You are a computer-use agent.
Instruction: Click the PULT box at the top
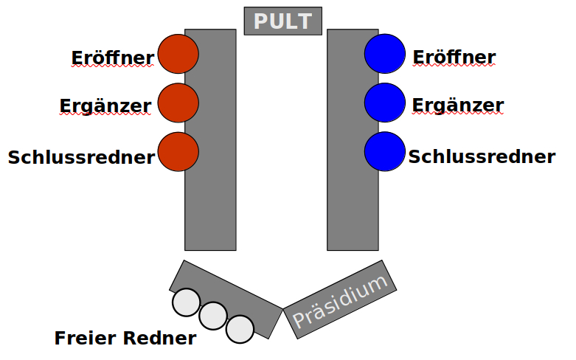tap(283, 21)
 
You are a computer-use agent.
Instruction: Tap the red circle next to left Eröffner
tap(178, 53)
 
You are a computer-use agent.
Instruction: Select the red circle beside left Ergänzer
tap(178, 103)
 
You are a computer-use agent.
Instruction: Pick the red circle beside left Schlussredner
tap(178, 152)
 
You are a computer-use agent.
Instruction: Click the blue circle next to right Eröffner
tap(385, 53)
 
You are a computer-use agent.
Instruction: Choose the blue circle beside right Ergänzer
tap(385, 103)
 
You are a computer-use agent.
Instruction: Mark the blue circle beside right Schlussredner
tap(385, 152)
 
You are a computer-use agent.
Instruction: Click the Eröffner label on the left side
tap(113, 58)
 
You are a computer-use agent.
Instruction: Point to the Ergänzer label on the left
tap(105, 107)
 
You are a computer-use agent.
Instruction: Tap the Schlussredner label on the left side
tap(82, 157)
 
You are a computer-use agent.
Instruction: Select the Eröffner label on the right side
tap(454, 58)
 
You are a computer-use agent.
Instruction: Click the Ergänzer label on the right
tap(458, 105)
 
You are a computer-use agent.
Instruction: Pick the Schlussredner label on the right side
tap(482, 156)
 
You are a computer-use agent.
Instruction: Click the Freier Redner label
tap(125, 339)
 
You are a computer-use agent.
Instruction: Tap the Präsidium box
tap(340, 300)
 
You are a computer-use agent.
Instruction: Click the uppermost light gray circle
tap(187, 302)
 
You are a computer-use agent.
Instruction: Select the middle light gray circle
tap(213, 316)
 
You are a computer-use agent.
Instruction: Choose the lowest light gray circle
tap(240, 329)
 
